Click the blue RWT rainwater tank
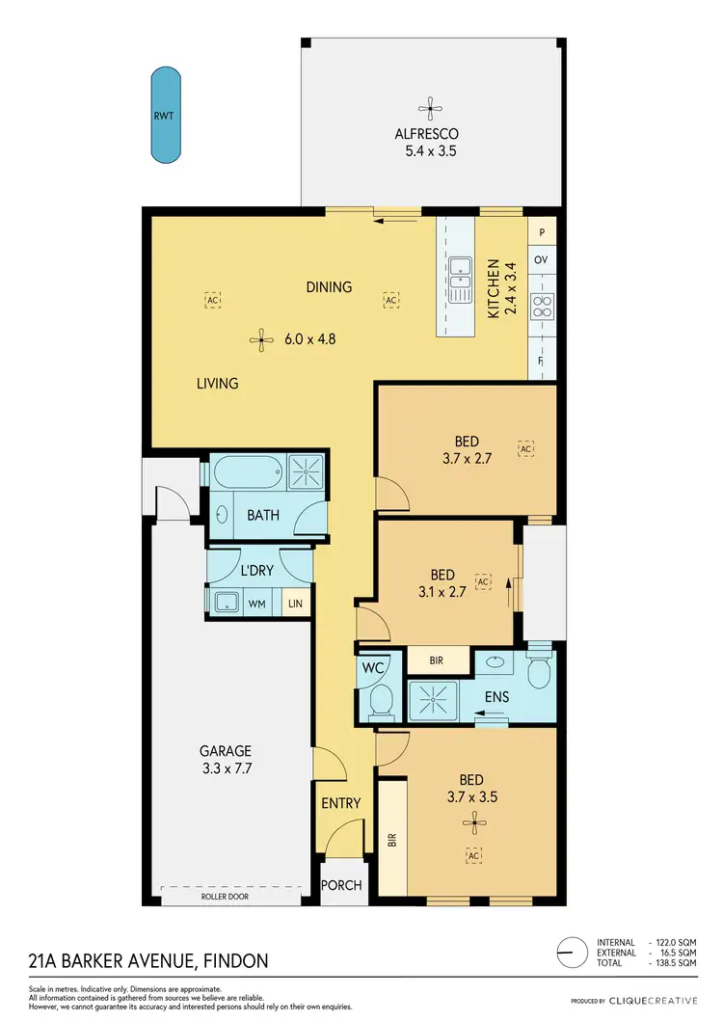[x=165, y=116]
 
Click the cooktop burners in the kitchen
[x=542, y=305]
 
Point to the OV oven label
[x=542, y=259]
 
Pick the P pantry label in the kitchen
[x=542, y=232]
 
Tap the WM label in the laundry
[x=257, y=604]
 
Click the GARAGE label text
[x=226, y=751]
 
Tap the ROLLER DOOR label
[x=225, y=897]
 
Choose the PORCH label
[x=341, y=886]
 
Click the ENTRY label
[x=340, y=803]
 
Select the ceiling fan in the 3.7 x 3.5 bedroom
[x=472, y=821]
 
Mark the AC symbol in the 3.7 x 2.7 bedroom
[x=526, y=448]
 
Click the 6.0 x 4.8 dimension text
[x=309, y=338]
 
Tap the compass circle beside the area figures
[x=574, y=952]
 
